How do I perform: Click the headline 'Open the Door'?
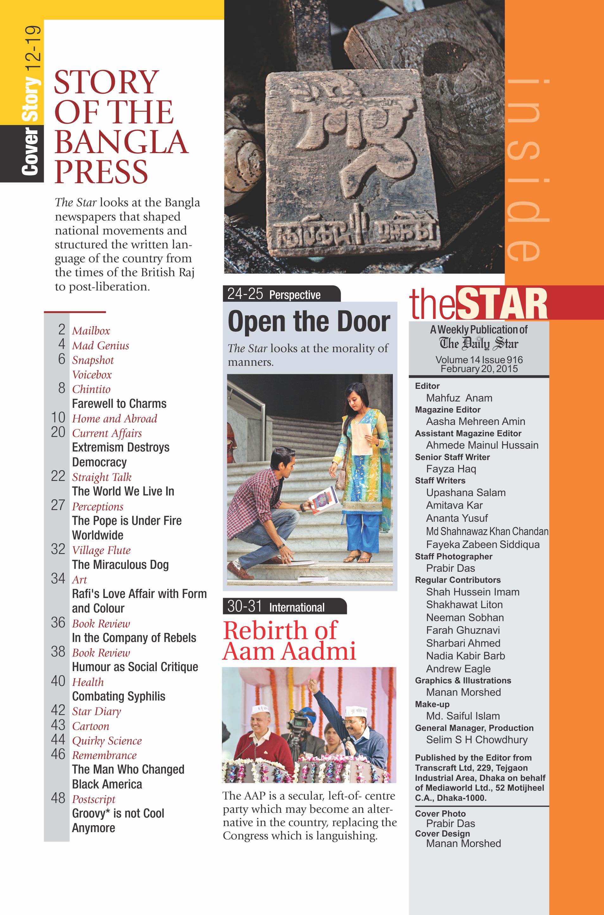pos(309,321)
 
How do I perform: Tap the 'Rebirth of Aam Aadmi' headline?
pos(289,641)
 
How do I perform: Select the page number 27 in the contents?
pos(58,505)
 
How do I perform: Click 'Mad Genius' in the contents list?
pos(101,346)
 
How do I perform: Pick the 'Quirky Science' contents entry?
pos(107,741)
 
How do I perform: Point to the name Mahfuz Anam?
pos(459,398)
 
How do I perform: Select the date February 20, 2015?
pos(479,369)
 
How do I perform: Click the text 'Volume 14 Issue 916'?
pos(479,360)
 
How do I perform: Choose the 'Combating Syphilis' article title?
pos(119,696)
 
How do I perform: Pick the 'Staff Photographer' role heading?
pos(453,556)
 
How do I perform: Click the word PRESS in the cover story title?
pos(101,172)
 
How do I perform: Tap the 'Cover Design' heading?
pos(442,833)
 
